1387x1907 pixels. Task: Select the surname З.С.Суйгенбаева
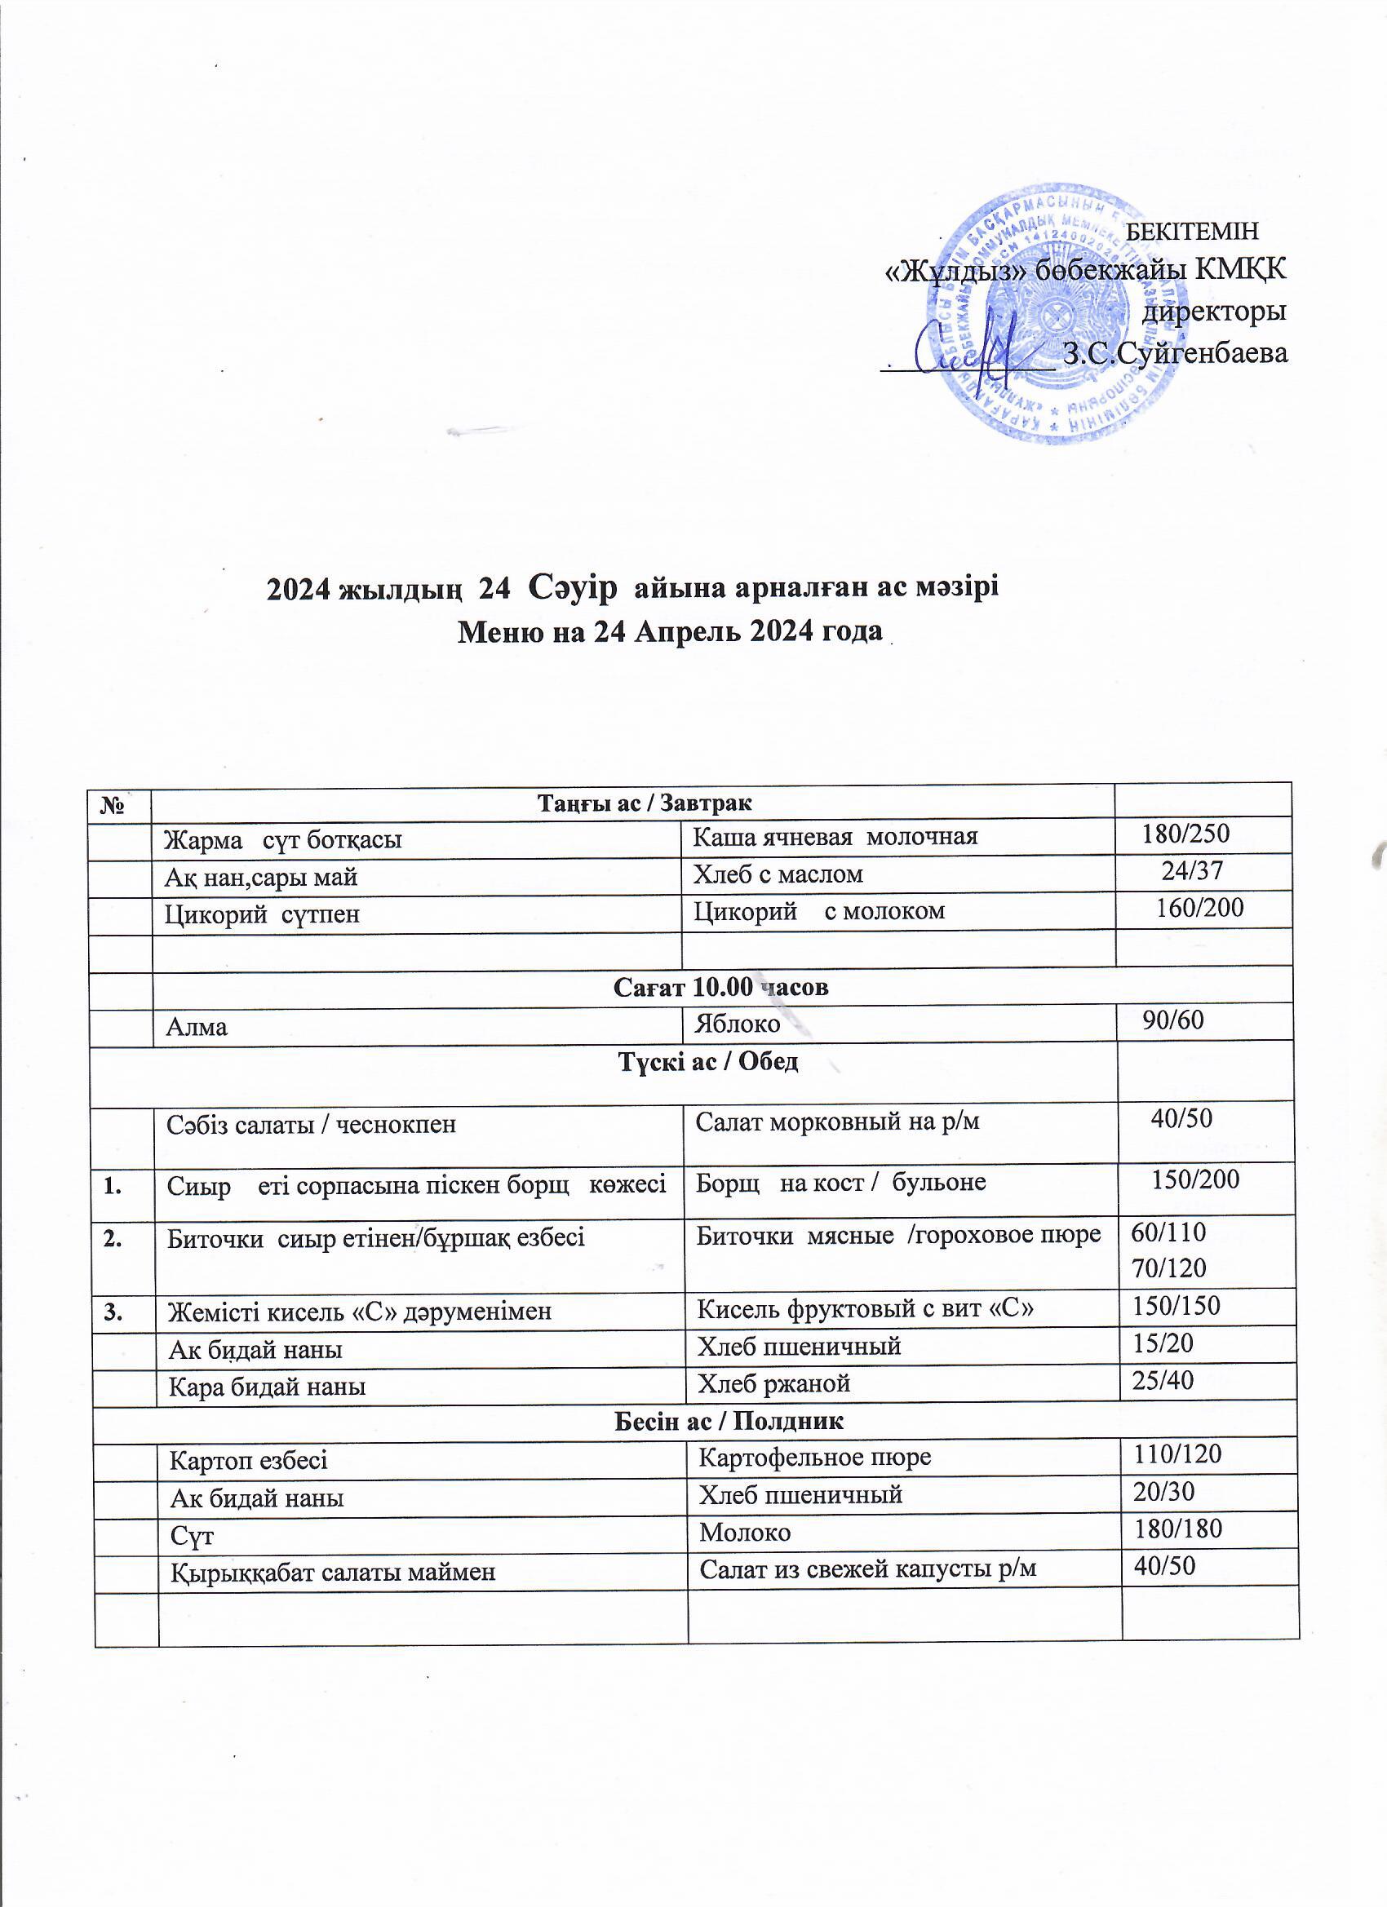pos(1175,352)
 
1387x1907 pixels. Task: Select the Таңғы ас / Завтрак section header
pos(645,803)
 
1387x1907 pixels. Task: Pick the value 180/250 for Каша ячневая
pos(1185,834)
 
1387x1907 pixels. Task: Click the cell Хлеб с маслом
pos(778,874)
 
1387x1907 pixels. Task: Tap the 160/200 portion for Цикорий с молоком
pos(1199,907)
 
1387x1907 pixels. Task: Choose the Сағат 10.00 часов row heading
pos(721,986)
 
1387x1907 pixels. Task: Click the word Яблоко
pos(737,1024)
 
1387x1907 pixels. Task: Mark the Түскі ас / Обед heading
pos(708,1062)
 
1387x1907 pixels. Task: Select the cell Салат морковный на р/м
pos(837,1121)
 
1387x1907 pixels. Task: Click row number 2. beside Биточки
pos(113,1237)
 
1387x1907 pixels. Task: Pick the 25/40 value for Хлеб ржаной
pos(1163,1380)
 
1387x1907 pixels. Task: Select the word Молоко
pos(744,1532)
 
